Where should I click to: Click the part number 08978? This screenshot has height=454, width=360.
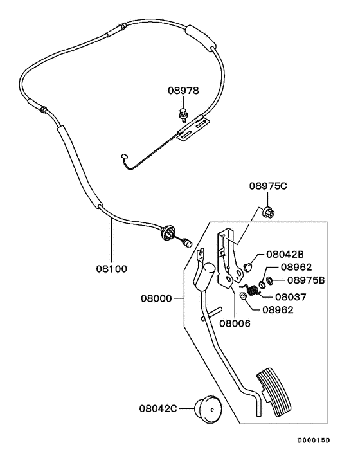(184, 92)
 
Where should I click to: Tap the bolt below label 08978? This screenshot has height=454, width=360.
(183, 116)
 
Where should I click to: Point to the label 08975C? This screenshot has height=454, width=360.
(268, 186)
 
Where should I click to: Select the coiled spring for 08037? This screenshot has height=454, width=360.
(253, 291)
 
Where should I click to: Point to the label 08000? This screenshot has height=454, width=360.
(157, 299)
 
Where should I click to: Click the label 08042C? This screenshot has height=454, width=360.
(158, 407)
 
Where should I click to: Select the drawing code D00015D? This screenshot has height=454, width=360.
(313, 440)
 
